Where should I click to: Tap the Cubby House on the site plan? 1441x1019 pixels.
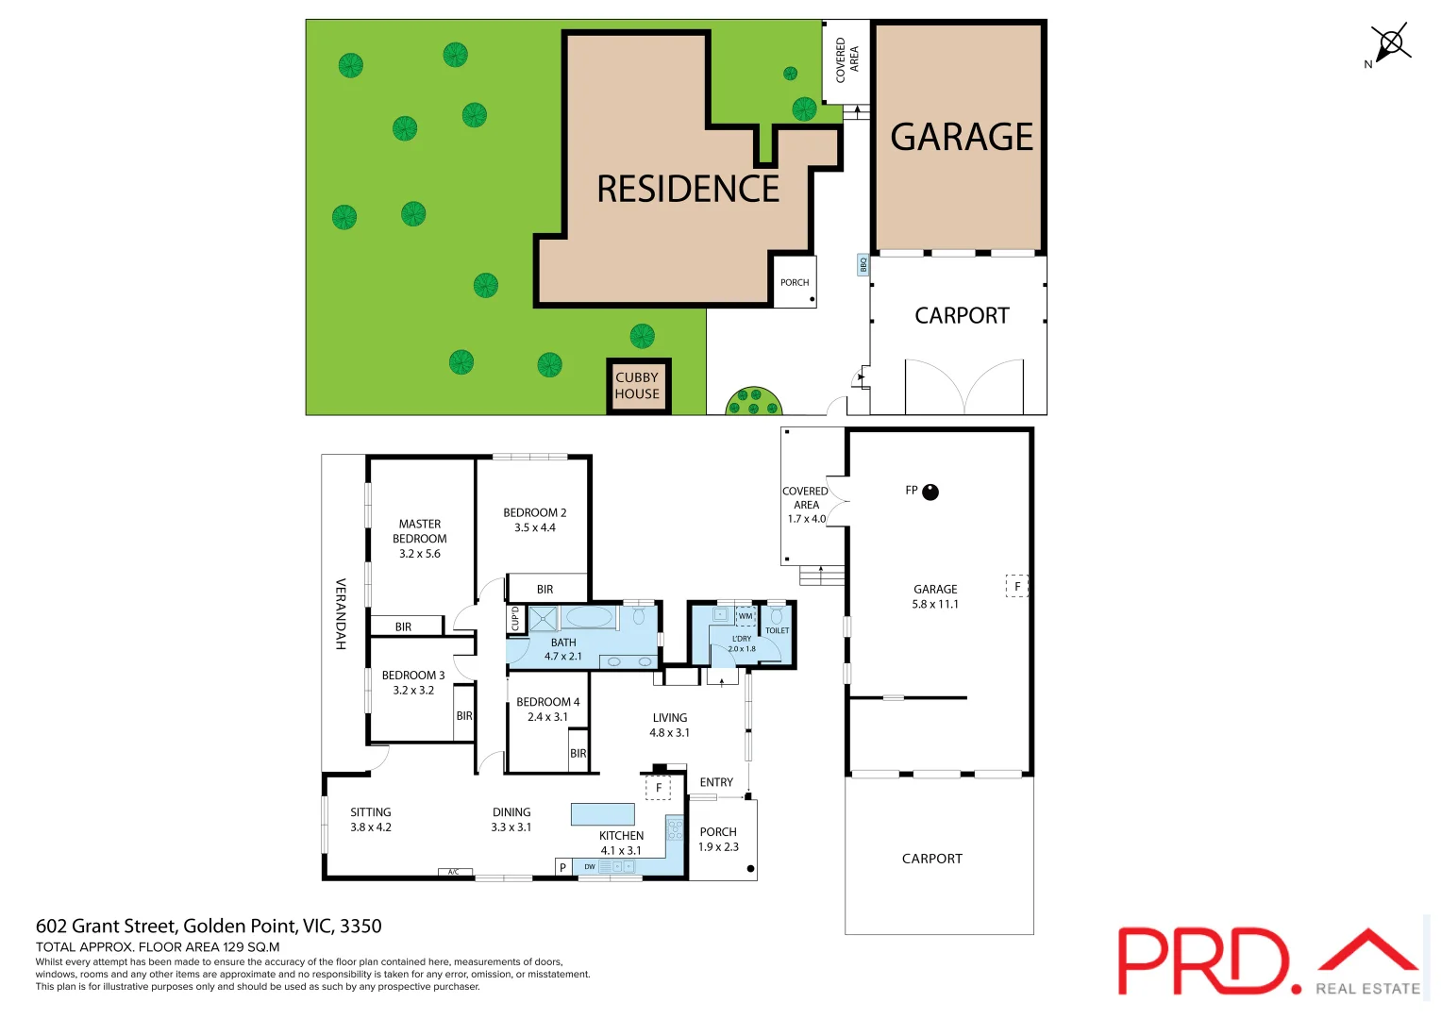point(638,386)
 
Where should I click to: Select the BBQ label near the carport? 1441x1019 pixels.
point(863,265)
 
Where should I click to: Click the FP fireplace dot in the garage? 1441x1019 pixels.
point(930,492)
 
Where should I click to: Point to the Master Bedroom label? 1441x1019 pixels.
point(420,538)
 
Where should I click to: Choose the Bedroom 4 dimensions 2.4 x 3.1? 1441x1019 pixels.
point(547,717)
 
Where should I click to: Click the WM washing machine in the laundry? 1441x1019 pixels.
point(746,616)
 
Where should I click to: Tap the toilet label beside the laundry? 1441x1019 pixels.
point(777,630)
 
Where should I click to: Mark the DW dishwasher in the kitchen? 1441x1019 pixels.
point(590,866)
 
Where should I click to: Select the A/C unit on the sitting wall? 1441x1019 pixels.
point(454,872)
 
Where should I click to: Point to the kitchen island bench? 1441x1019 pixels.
point(602,813)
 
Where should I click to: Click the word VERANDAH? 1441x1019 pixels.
point(341,613)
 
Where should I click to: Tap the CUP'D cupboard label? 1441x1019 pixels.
point(515,619)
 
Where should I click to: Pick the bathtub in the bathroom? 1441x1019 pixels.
point(588,618)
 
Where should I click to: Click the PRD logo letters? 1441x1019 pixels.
point(1203,961)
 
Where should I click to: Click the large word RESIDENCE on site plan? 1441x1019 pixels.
point(688,189)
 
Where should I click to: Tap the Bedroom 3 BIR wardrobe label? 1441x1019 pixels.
point(464,716)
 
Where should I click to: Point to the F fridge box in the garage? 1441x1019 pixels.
point(1016,586)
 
